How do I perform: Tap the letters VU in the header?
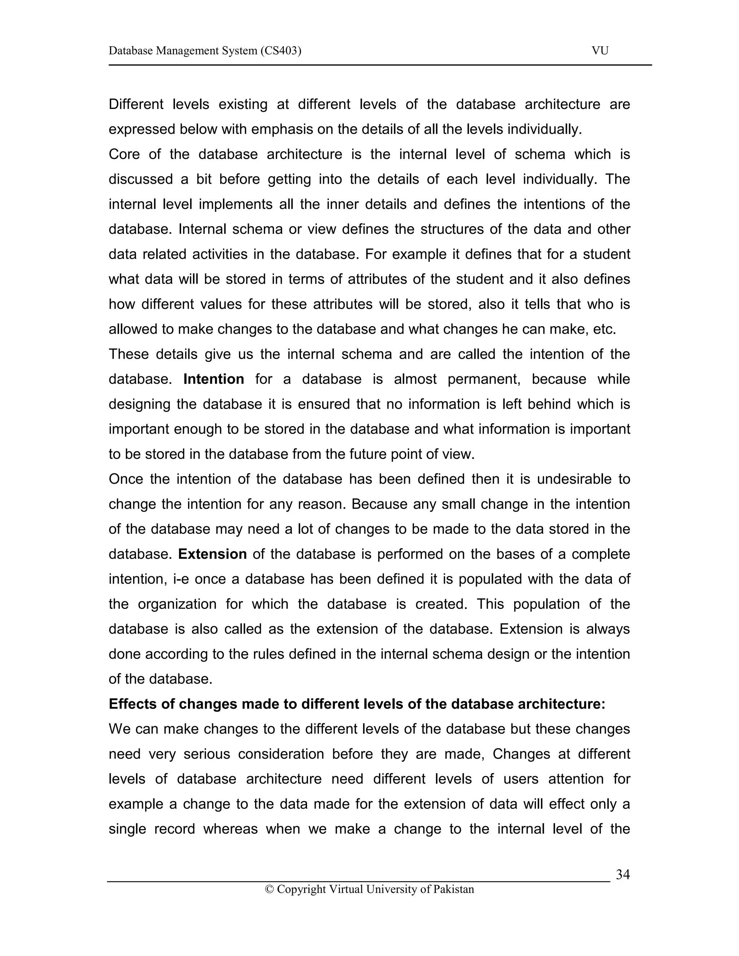click(600, 51)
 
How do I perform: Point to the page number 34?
click(622, 874)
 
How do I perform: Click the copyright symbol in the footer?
click(269, 889)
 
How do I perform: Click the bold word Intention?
click(214, 379)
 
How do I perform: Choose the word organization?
click(177, 604)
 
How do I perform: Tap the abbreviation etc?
click(604, 329)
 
